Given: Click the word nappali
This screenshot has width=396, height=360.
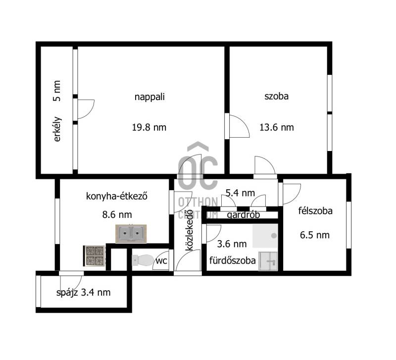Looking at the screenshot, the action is point(149,97).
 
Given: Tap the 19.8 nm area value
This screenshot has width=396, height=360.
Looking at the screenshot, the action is point(149,127).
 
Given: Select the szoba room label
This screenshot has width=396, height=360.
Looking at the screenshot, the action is point(277,96).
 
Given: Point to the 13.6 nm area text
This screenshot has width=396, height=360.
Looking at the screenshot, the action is point(277,127).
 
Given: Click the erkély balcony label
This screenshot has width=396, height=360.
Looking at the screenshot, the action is point(57,129).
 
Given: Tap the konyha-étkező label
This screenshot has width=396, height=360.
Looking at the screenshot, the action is point(117,196).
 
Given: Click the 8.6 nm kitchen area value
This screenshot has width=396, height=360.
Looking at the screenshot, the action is point(117,215).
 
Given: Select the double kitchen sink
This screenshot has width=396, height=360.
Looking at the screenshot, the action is point(131,234).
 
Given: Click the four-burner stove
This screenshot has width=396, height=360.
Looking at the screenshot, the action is point(95,256).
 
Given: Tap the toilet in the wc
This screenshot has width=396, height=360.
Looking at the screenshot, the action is point(143,260).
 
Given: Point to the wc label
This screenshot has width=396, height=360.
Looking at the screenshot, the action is point(161,261).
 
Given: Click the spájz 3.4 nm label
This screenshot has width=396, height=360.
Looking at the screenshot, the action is point(83,293).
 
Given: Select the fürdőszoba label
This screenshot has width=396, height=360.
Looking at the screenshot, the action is point(232,260).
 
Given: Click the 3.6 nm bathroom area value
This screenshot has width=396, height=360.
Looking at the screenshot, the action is point(232,244).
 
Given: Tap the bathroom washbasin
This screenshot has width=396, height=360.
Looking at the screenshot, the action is point(268,261).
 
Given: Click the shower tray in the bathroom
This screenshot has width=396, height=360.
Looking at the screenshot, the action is point(265,236).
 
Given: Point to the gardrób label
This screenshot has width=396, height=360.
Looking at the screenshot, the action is point(243,215).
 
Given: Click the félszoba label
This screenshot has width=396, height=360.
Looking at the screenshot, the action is point(315,211).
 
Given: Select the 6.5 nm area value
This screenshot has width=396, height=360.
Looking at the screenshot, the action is point(315,235).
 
